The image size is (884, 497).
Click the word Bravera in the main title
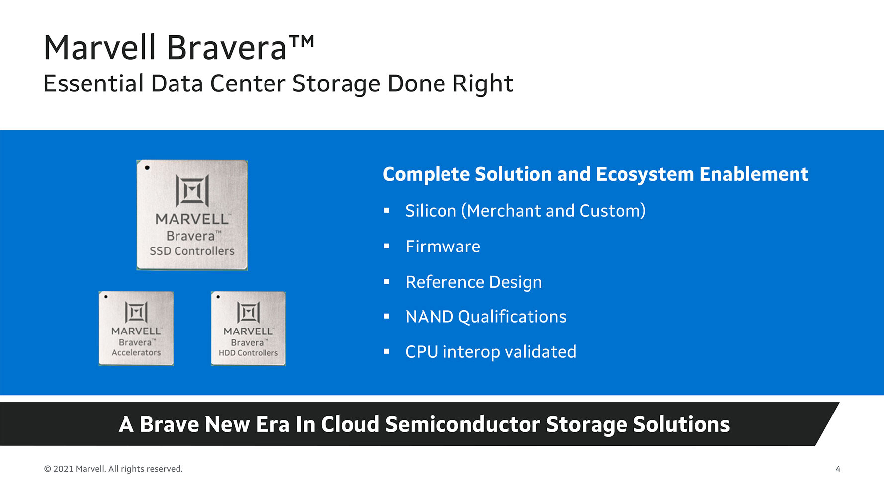pyautogui.click(x=227, y=48)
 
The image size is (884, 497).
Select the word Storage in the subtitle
pyautogui.click(x=336, y=83)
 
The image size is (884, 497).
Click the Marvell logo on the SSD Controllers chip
pyautogui.click(x=192, y=190)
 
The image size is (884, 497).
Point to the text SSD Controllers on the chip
pyautogui.click(x=192, y=251)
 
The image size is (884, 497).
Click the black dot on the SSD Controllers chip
pyautogui.click(x=147, y=167)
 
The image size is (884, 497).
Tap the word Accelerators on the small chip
pyautogui.click(x=136, y=352)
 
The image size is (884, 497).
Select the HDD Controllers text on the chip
pyautogui.click(x=248, y=353)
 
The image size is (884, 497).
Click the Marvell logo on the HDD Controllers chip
pyautogui.click(x=248, y=312)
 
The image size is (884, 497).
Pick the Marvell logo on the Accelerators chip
pyautogui.click(x=136, y=312)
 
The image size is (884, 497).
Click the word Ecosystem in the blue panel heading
pyautogui.click(x=644, y=175)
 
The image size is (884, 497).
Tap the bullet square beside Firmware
pyautogui.click(x=387, y=246)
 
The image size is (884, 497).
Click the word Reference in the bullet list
pyautogui.click(x=444, y=282)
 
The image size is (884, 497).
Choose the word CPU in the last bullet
pyautogui.click(x=422, y=352)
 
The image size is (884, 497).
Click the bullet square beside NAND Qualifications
pyautogui.click(x=387, y=316)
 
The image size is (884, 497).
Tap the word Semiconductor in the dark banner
pyautogui.click(x=462, y=424)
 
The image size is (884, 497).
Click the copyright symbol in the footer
pyautogui.click(x=48, y=469)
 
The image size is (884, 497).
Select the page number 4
pyautogui.click(x=838, y=469)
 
